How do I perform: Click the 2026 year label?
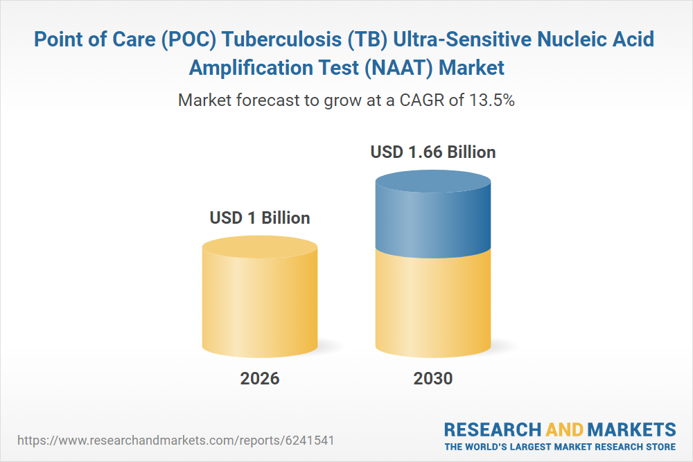click(260, 378)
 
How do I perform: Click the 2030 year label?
click(433, 378)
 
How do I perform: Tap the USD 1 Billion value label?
click(260, 217)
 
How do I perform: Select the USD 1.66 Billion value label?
click(433, 152)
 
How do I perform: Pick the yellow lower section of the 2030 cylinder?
click(433, 305)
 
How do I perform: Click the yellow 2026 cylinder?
click(260, 297)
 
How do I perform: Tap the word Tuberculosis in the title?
click(281, 39)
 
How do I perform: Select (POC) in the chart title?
click(188, 39)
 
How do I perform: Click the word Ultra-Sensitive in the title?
click(462, 39)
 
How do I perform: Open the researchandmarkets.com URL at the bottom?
click(175, 441)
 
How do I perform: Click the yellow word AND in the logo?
click(564, 429)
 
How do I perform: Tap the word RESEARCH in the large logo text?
click(492, 429)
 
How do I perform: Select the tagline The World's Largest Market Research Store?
click(560, 447)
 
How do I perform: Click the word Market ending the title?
click(471, 68)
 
